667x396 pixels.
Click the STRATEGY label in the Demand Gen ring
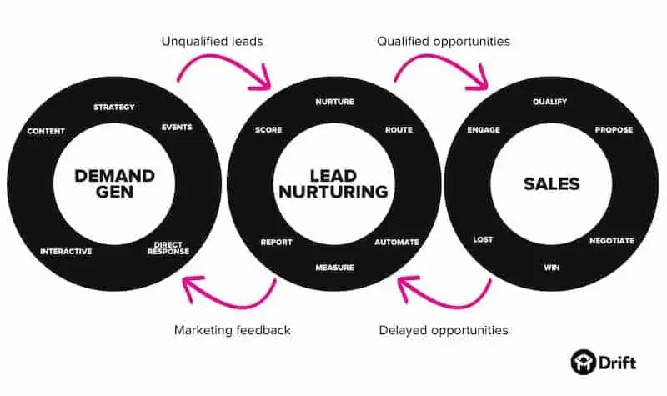pyautogui.click(x=114, y=107)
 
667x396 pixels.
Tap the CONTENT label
pyautogui.click(x=47, y=132)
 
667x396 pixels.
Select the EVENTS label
pyautogui.click(x=177, y=128)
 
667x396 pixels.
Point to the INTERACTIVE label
pyautogui.click(x=66, y=251)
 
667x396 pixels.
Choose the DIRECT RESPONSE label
pyautogui.click(x=171, y=248)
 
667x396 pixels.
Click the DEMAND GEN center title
pyautogui.click(x=114, y=183)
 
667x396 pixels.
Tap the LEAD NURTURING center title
pyautogui.click(x=334, y=183)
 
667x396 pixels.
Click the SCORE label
pyautogui.click(x=268, y=130)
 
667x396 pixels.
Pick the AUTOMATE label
pyautogui.click(x=397, y=242)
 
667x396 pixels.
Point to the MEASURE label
pyautogui.click(x=334, y=268)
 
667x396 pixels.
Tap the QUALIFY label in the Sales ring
pyautogui.click(x=549, y=102)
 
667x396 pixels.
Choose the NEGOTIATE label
pyautogui.click(x=612, y=240)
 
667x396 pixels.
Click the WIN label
pyautogui.click(x=551, y=268)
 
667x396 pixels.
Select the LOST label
pyautogui.click(x=483, y=239)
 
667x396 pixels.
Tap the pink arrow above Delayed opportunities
pyautogui.click(x=442, y=293)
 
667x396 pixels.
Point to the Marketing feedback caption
pyautogui.click(x=233, y=330)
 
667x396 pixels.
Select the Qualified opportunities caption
pyautogui.click(x=444, y=40)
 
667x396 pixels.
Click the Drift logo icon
pyautogui.click(x=584, y=362)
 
